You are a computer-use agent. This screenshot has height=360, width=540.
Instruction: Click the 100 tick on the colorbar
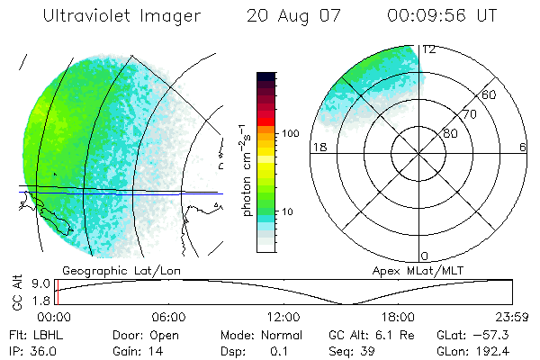pos(289,132)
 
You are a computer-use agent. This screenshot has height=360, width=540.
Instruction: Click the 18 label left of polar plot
pos(318,148)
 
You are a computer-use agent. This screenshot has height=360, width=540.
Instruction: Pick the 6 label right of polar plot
pos(523,148)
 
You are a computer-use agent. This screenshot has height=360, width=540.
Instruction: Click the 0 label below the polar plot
pos(425,256)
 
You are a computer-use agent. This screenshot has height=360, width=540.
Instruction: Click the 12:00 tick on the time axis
pos(283,317)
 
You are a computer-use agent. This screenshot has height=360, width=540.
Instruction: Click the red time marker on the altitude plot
pos(56,292)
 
